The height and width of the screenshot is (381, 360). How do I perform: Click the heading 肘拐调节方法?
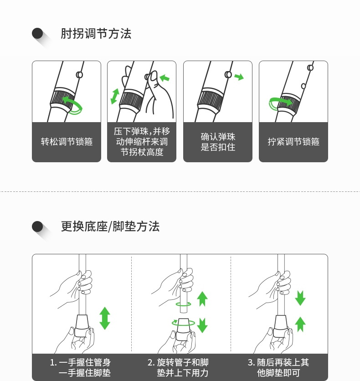(96, 34)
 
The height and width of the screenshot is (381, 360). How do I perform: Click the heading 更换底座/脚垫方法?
(110, 227)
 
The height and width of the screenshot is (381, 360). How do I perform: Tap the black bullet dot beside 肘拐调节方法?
(37, 34)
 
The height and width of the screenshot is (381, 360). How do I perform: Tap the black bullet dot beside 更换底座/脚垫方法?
(37, 227)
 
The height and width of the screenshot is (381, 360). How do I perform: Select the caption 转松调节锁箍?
(67, 142)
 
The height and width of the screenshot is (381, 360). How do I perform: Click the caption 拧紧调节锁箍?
(293, 142)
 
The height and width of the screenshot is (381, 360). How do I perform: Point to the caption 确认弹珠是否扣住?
(218, 142)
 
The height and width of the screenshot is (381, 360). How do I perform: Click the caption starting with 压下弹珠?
(142, 142)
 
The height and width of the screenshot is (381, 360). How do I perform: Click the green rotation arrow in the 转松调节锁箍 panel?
(73, 105)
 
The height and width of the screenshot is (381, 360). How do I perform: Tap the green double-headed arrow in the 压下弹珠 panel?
(115, 96)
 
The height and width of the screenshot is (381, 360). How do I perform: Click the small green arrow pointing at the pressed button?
(165, 78)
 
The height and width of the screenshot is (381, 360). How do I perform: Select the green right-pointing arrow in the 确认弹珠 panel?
(239, 77)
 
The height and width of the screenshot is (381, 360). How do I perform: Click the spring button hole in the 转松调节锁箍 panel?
(79, 75)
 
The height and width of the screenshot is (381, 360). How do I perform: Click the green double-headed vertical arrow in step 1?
(105, 318)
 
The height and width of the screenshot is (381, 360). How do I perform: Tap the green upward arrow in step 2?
(202, 299)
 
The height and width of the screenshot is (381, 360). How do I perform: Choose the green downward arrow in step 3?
(300, 298)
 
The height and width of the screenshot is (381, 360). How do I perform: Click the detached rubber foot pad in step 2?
(183, 330)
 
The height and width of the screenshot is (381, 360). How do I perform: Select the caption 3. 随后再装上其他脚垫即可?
(278, 367)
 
